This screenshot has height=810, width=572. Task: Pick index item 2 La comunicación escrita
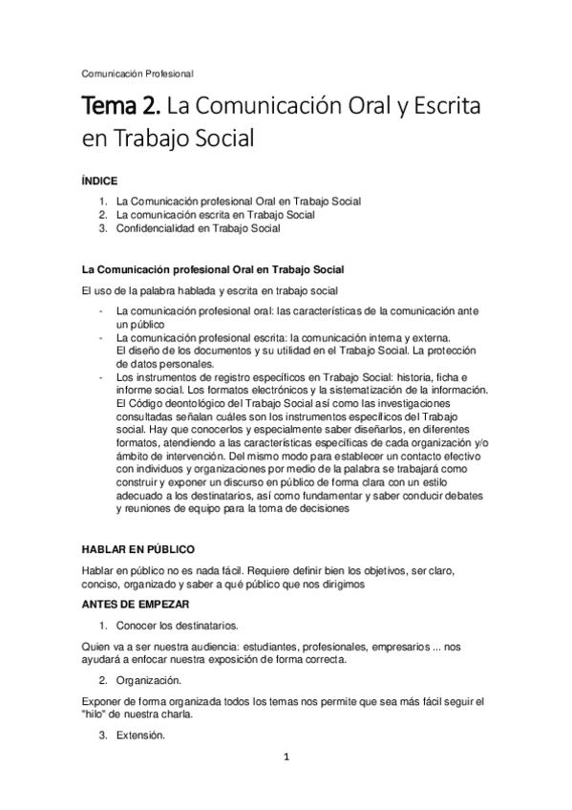[x=201, y=215]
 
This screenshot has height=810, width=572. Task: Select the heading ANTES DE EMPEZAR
[x=136, y=605]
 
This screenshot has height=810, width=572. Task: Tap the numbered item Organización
[x=152, y=682]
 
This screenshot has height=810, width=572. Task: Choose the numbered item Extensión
[x=140, y=736]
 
